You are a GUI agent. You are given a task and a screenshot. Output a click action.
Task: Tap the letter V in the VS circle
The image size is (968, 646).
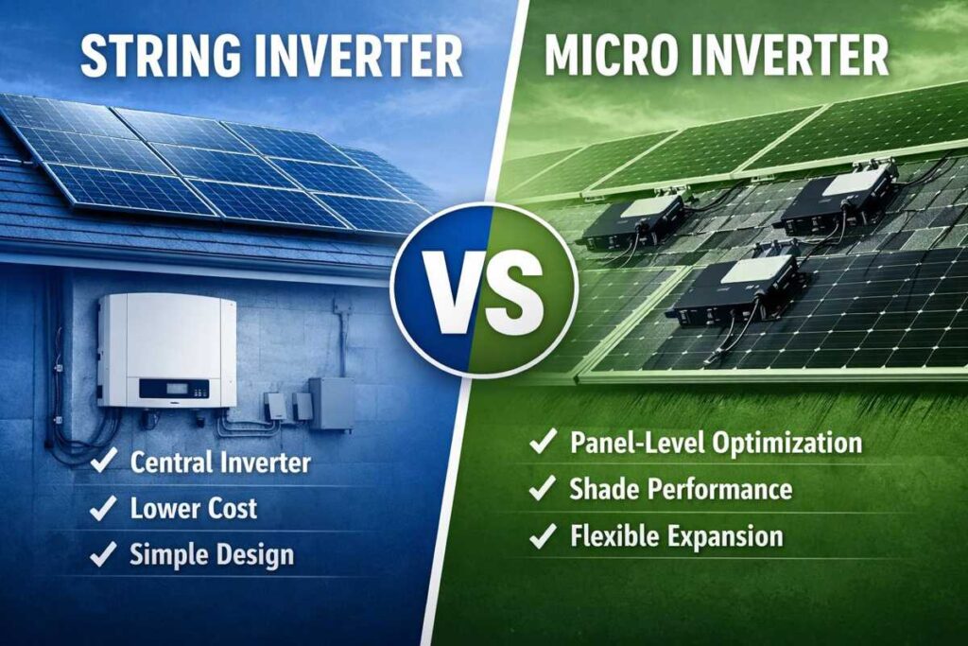(451, 285)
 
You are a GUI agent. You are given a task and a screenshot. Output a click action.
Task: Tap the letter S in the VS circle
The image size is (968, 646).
(513, 285)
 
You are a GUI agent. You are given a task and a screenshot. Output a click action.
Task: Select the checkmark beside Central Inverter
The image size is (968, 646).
(102, 463)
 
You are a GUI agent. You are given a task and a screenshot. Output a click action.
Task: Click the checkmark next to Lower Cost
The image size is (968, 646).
(102, 509)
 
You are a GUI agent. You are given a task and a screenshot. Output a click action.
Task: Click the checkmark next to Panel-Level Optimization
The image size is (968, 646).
(542, 443)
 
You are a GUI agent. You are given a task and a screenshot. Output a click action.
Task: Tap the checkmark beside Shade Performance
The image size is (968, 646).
(542, 489)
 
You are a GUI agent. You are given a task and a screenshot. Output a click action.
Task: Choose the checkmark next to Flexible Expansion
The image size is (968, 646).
(542, 536)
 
